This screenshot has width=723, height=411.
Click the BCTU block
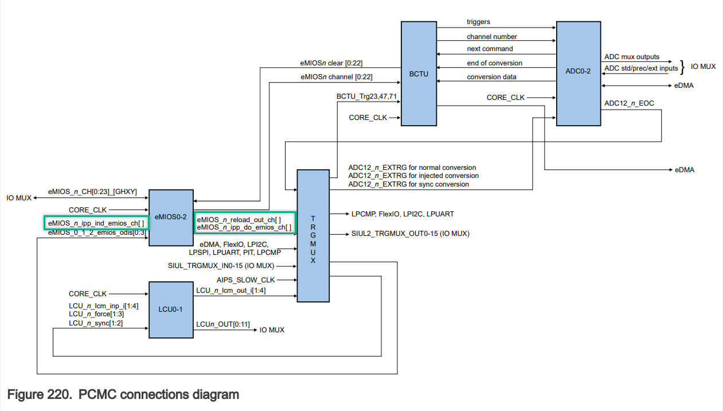[x=419, y=73]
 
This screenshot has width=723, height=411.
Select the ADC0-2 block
[x=578, y=73]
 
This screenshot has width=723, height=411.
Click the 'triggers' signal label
[x=479, y=22]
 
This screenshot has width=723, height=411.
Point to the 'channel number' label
[x=492, y=37]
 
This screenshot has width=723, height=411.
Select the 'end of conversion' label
[x=494, y=63]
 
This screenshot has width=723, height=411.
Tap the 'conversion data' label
[x=491, y=77]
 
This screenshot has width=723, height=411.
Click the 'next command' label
[x=490, y=49]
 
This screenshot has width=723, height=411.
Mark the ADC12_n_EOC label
[x=629, y=103]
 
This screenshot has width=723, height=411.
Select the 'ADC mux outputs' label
[x=632, y=57]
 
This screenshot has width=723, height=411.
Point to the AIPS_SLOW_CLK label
[x=246, y=280]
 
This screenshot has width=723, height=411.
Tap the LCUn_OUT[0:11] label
[x=222, y=324]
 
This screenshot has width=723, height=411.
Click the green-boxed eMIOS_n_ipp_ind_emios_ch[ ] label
[x=96, y=223]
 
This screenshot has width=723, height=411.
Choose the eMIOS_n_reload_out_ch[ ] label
[x=239, y=219]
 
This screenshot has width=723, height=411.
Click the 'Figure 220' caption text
[x=123, y=395]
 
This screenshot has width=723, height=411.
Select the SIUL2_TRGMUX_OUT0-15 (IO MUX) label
[x=411, y=234]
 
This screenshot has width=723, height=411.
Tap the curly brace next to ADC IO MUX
[x=683, y=66]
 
